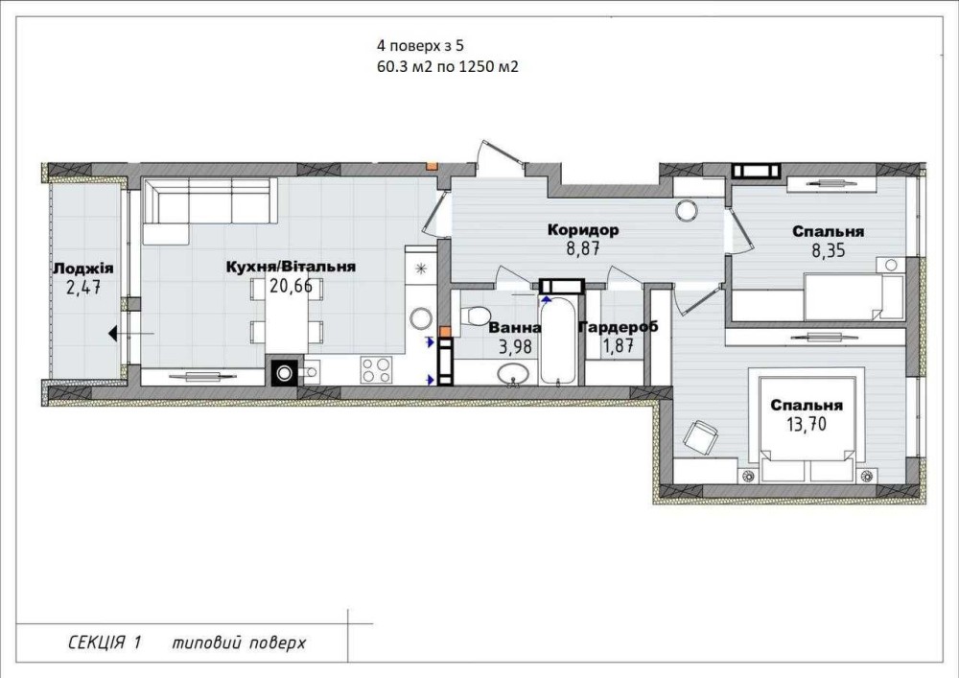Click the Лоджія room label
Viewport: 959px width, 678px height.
pos(83,269)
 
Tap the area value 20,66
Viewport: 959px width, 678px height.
pos(292,286)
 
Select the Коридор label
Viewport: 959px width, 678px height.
pos(583,230)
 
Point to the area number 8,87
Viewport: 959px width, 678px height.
pos(582,248)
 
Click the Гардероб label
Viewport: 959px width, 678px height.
pos(619,327)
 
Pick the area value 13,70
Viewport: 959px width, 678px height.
pos(807,423)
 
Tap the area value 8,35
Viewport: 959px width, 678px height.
pos(829,249)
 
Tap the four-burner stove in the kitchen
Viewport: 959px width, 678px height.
pos(376,370)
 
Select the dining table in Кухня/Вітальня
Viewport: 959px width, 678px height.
pos(287,323)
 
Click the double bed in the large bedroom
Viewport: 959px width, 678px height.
pos(807,429)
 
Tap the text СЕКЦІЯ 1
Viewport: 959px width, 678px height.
pos(105,643)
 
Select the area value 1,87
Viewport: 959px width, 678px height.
pos(619,346)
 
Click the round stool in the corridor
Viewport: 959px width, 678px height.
pos(687,211)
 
